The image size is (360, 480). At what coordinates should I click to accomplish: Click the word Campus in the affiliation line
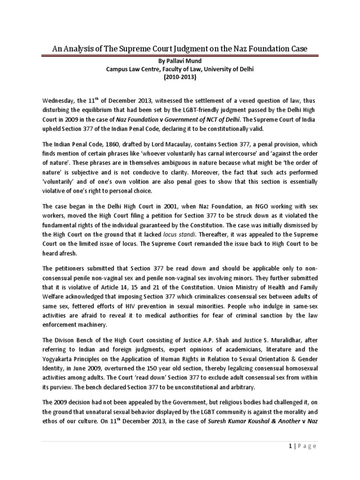[x=118, y=70]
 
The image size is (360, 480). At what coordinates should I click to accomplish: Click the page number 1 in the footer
[x=280, y=446]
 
